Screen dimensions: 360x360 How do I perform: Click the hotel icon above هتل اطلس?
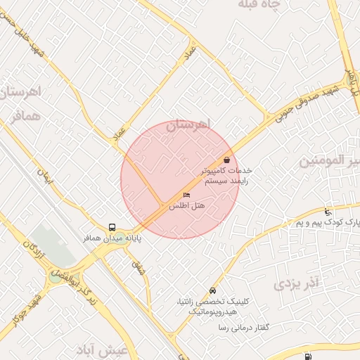pyautogui.click(x=186, y=195)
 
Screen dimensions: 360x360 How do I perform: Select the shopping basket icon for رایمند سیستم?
pyautogui.click(x=226, y=160)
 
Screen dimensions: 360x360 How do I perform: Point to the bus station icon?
pyautogui.click(x=112, y=227)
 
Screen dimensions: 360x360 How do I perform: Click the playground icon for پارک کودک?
pyautogui.click(x=328, y=212)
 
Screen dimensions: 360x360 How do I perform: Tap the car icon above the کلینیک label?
pyautogui.click(x=212, y=291)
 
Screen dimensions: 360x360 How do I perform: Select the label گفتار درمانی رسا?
pyautogui.click(x=245, y=328)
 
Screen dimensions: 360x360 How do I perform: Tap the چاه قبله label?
pyautogui.click(x=259, y=6)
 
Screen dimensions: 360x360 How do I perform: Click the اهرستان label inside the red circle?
pyautogui.click(x=188, y=124)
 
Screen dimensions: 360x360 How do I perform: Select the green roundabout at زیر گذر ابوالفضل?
pyautogui.click(x=55, y=278)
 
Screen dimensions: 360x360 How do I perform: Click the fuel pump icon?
pyautogui.click(x=309, y=356)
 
